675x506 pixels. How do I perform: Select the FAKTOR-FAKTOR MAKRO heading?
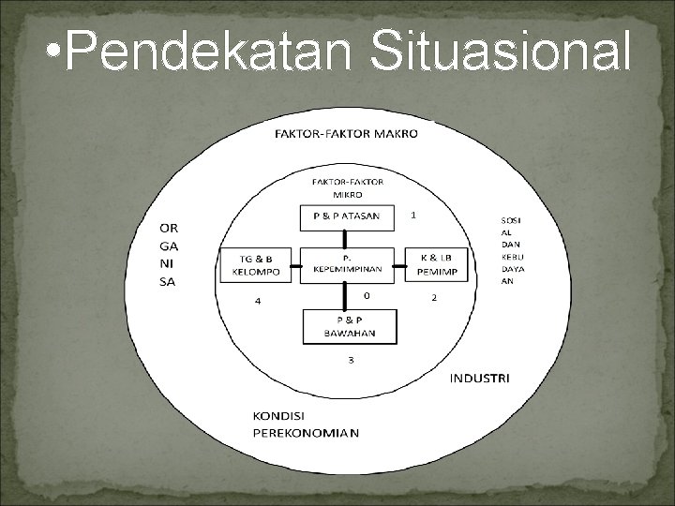(347, 133)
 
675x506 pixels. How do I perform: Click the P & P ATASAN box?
(347, 217)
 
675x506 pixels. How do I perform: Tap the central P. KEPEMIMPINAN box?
(347, 265)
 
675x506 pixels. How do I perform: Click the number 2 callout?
(433, 298)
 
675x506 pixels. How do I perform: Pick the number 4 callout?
(258, 301)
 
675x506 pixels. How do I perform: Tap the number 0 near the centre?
(367, 294)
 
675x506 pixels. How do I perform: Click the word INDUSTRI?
(479, 379)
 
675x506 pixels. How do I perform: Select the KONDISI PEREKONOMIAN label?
(305, 424)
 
